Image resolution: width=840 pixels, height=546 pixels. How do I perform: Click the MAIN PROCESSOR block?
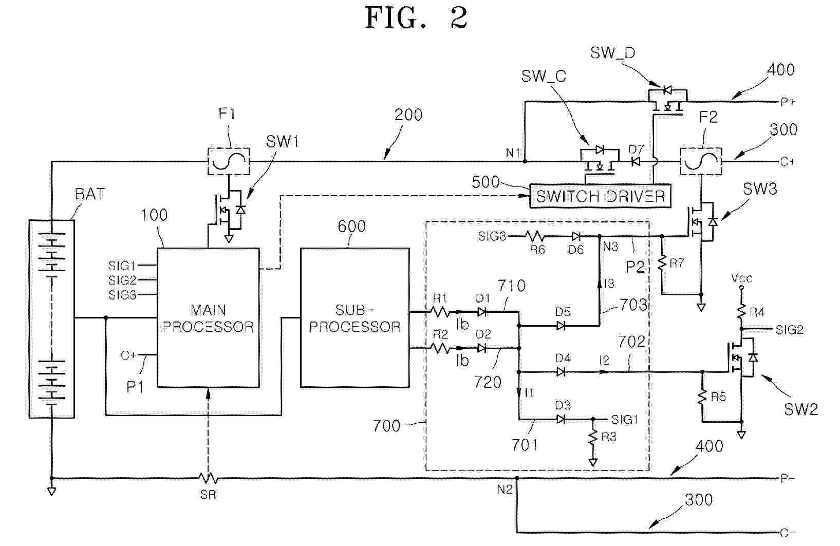click(208, 317)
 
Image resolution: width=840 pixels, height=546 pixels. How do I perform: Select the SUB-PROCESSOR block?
click(354, 317)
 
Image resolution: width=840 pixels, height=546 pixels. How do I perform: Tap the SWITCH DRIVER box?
click(600, 196)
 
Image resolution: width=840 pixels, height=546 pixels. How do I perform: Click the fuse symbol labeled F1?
click(229, 161)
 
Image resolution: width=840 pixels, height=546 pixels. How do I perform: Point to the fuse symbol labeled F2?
click(701, 161)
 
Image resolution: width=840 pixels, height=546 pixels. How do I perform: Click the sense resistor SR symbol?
click(208, 479)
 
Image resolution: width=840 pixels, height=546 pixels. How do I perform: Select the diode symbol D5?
click(561, 325)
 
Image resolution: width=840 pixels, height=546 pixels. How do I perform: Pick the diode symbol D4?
click(561, 371)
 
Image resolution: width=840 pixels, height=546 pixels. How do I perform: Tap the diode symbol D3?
click(561, 419)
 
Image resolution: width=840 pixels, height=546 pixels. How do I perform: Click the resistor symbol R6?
click(535, 236)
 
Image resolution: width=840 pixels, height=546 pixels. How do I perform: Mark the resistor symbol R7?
click(662, 263)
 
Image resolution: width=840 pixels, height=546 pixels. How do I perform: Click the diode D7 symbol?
click(636, 161)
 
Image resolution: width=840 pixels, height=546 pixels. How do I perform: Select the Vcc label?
click(741, 278)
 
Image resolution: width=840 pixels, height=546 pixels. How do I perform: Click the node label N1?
click(513, 153)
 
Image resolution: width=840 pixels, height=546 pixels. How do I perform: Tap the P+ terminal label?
click(788, 102)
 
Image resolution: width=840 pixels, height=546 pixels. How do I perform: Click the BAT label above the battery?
click(89, 194)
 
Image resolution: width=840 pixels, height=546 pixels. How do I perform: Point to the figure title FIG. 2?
click(416, 17)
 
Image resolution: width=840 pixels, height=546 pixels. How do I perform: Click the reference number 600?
click(351, 227)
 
